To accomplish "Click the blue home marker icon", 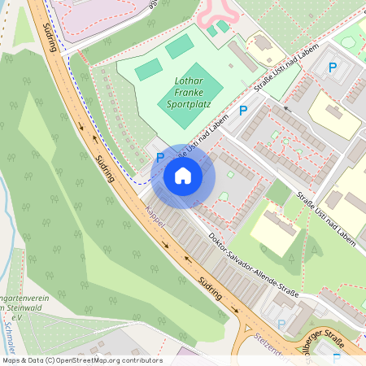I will (183, 175).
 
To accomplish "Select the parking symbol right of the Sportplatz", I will (242, 111).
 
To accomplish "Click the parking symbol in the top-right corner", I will (332, 68).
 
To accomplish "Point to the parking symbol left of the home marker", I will (159, 157).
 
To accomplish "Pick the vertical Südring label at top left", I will (50, 36).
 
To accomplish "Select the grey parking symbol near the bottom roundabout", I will (281, 325).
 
